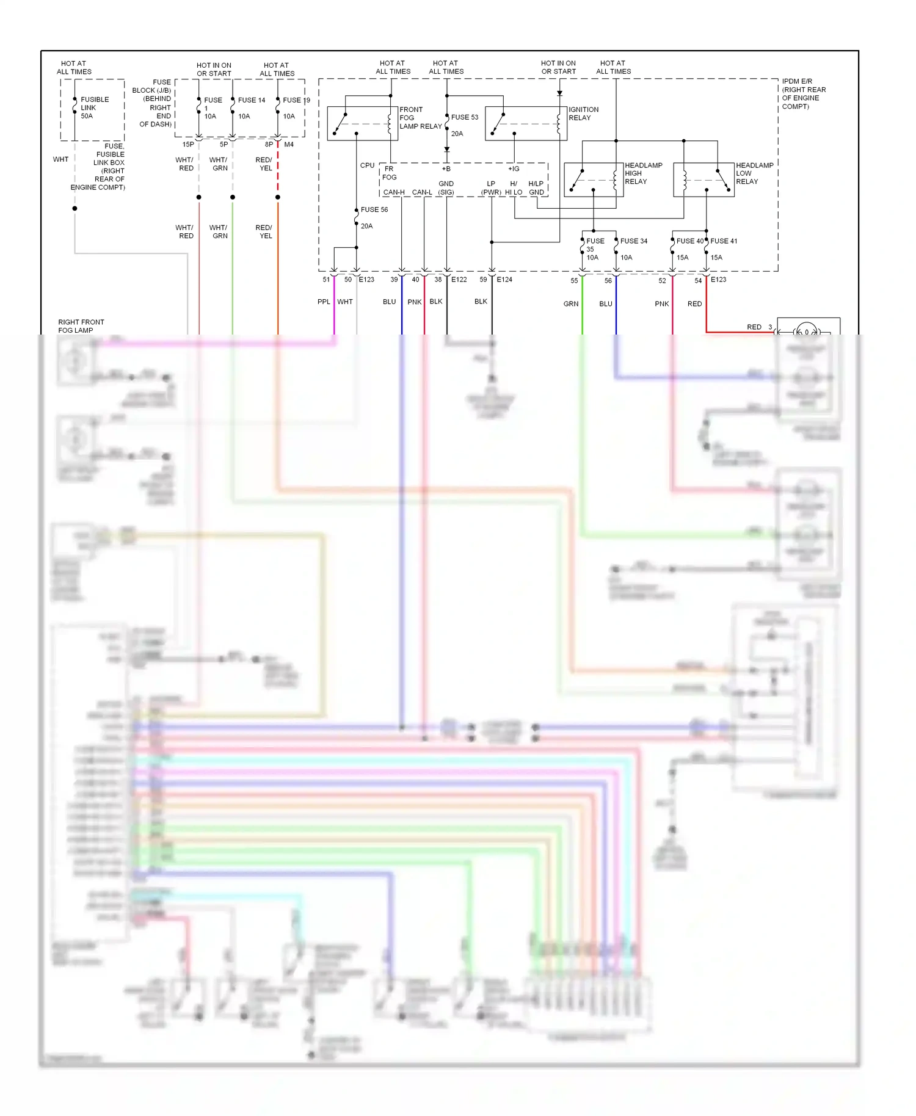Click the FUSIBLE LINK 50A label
[x=94, y=107]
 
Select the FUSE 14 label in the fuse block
[x=251, y=100]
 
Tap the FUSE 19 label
[x=296, y=100]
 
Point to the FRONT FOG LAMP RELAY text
[x=420, y=118]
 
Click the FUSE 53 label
[x=464, y=117]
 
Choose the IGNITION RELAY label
[x=583, y=114]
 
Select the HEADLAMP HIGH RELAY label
[x=642, y=173]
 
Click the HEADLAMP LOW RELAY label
[x=754, y=173]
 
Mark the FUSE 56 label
[x=374, y=209]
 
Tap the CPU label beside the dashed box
[x=367, y=165]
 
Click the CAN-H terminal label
[x=394, y=192]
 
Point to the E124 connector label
[x=504, y=280]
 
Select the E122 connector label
[x=459, y=280]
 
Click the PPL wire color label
[x=324, y=302]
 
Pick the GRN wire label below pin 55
[x=571, y=303]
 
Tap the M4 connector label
[x=289, y=145]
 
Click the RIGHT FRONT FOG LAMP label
[x=81, y=326]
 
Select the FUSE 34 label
[x=633, y=241]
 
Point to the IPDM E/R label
[x=803, y=93]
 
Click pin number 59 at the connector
[x=483, y=280]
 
